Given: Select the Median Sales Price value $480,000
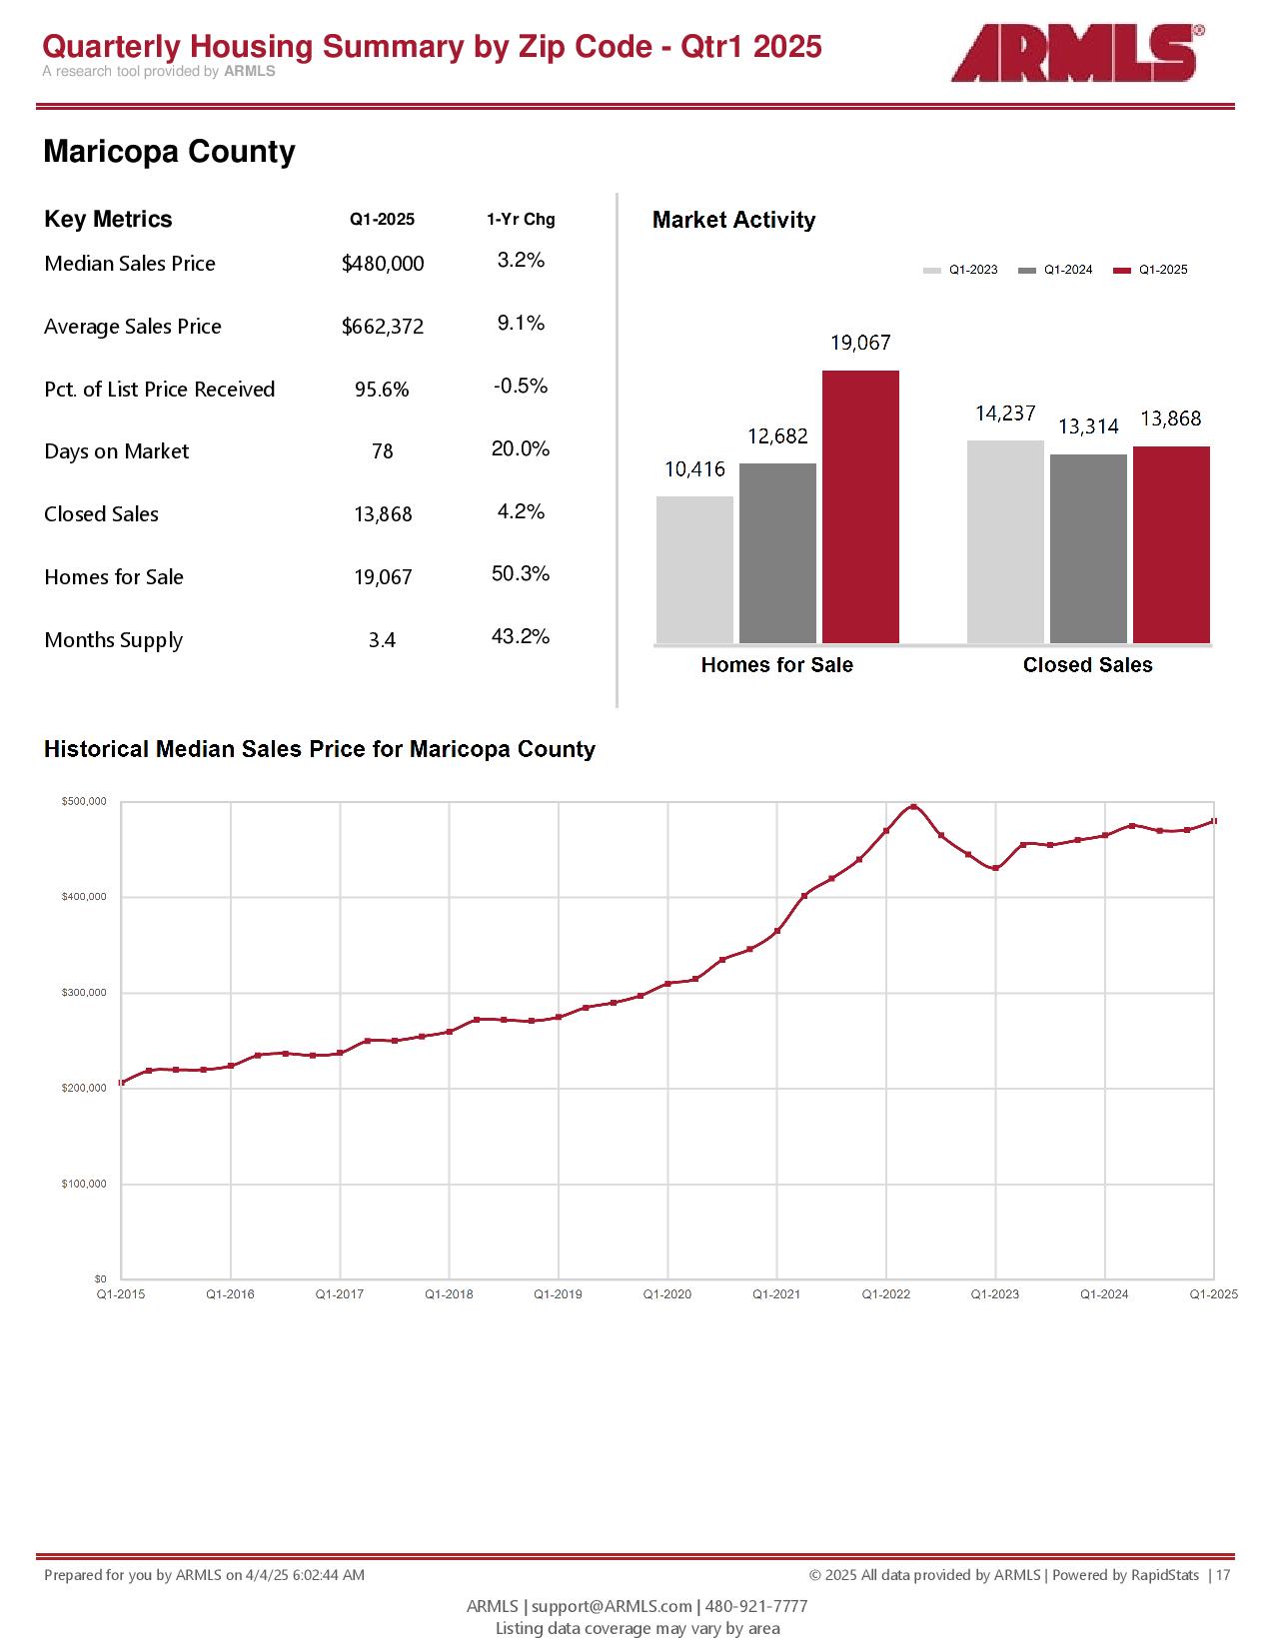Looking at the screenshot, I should (x=383, y=264).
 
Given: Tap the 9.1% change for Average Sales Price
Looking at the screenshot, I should (x=521, y=324).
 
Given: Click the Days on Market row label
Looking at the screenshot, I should (x=116, y=451).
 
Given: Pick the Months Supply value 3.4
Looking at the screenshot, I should (x=382, y=640).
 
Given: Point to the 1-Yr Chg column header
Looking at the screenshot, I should (x=521, y=220).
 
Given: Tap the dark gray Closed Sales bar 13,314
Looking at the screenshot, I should (x=1088, y=548).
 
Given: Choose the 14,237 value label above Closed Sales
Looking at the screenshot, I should (x=1005, y=413).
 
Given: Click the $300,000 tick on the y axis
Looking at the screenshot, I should (x=84, y=993).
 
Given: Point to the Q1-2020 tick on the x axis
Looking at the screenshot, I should (x=667, y=1294).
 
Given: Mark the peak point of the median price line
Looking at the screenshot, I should (x=913, y=807).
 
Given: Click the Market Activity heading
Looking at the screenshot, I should (x=733, y=220).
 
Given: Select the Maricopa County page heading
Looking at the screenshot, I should (x=169, y=152).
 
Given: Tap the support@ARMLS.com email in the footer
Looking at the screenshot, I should (x=612, y=1606).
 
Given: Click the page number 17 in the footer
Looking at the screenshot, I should (x=1223, y=1575).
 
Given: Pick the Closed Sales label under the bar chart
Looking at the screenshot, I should (x=1087, y=665).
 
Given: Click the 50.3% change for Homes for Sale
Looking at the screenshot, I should (x=521, y=574).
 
